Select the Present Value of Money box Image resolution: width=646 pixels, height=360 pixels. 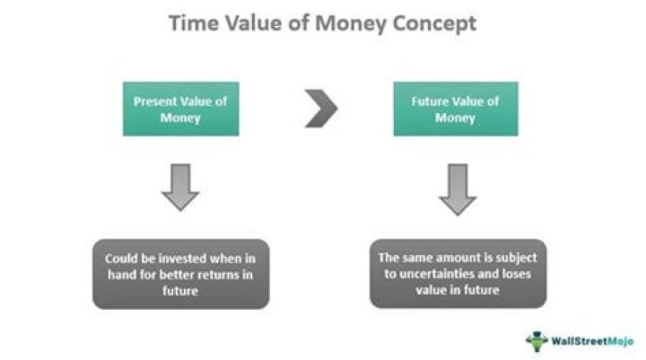pos(181,109)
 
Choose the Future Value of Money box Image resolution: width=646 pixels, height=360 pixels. pos(456,109)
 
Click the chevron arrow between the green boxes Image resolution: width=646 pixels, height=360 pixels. pos(319,109)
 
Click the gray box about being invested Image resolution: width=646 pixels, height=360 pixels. pos(180,273)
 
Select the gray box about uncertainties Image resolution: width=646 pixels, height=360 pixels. pos(458,273)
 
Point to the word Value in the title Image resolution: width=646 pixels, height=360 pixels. pos(249,23)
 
